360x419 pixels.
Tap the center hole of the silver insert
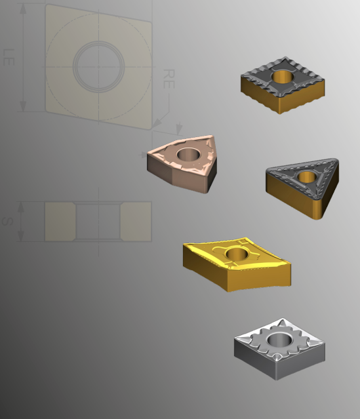(x=280, y=339)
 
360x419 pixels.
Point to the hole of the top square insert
(x=284, y=76)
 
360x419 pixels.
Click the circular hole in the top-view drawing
(x=98, y=65)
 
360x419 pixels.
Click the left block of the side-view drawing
(x=60, y=221)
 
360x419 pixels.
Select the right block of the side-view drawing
(x=136, y=221)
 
